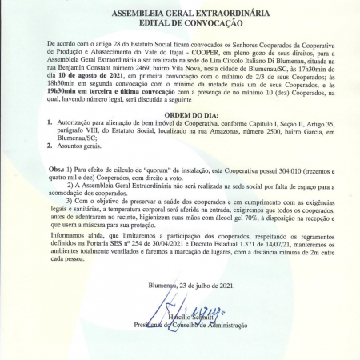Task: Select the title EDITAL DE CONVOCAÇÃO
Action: [x=179, y=25]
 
